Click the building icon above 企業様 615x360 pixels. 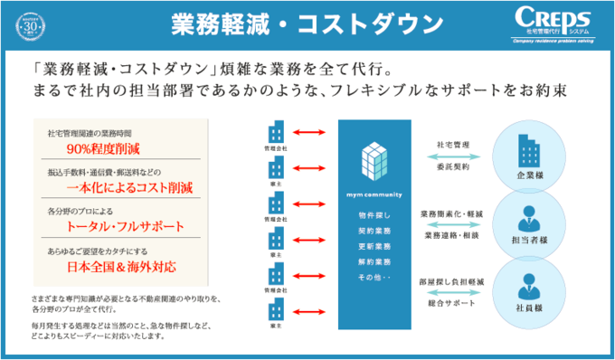(x=525, y=149)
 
